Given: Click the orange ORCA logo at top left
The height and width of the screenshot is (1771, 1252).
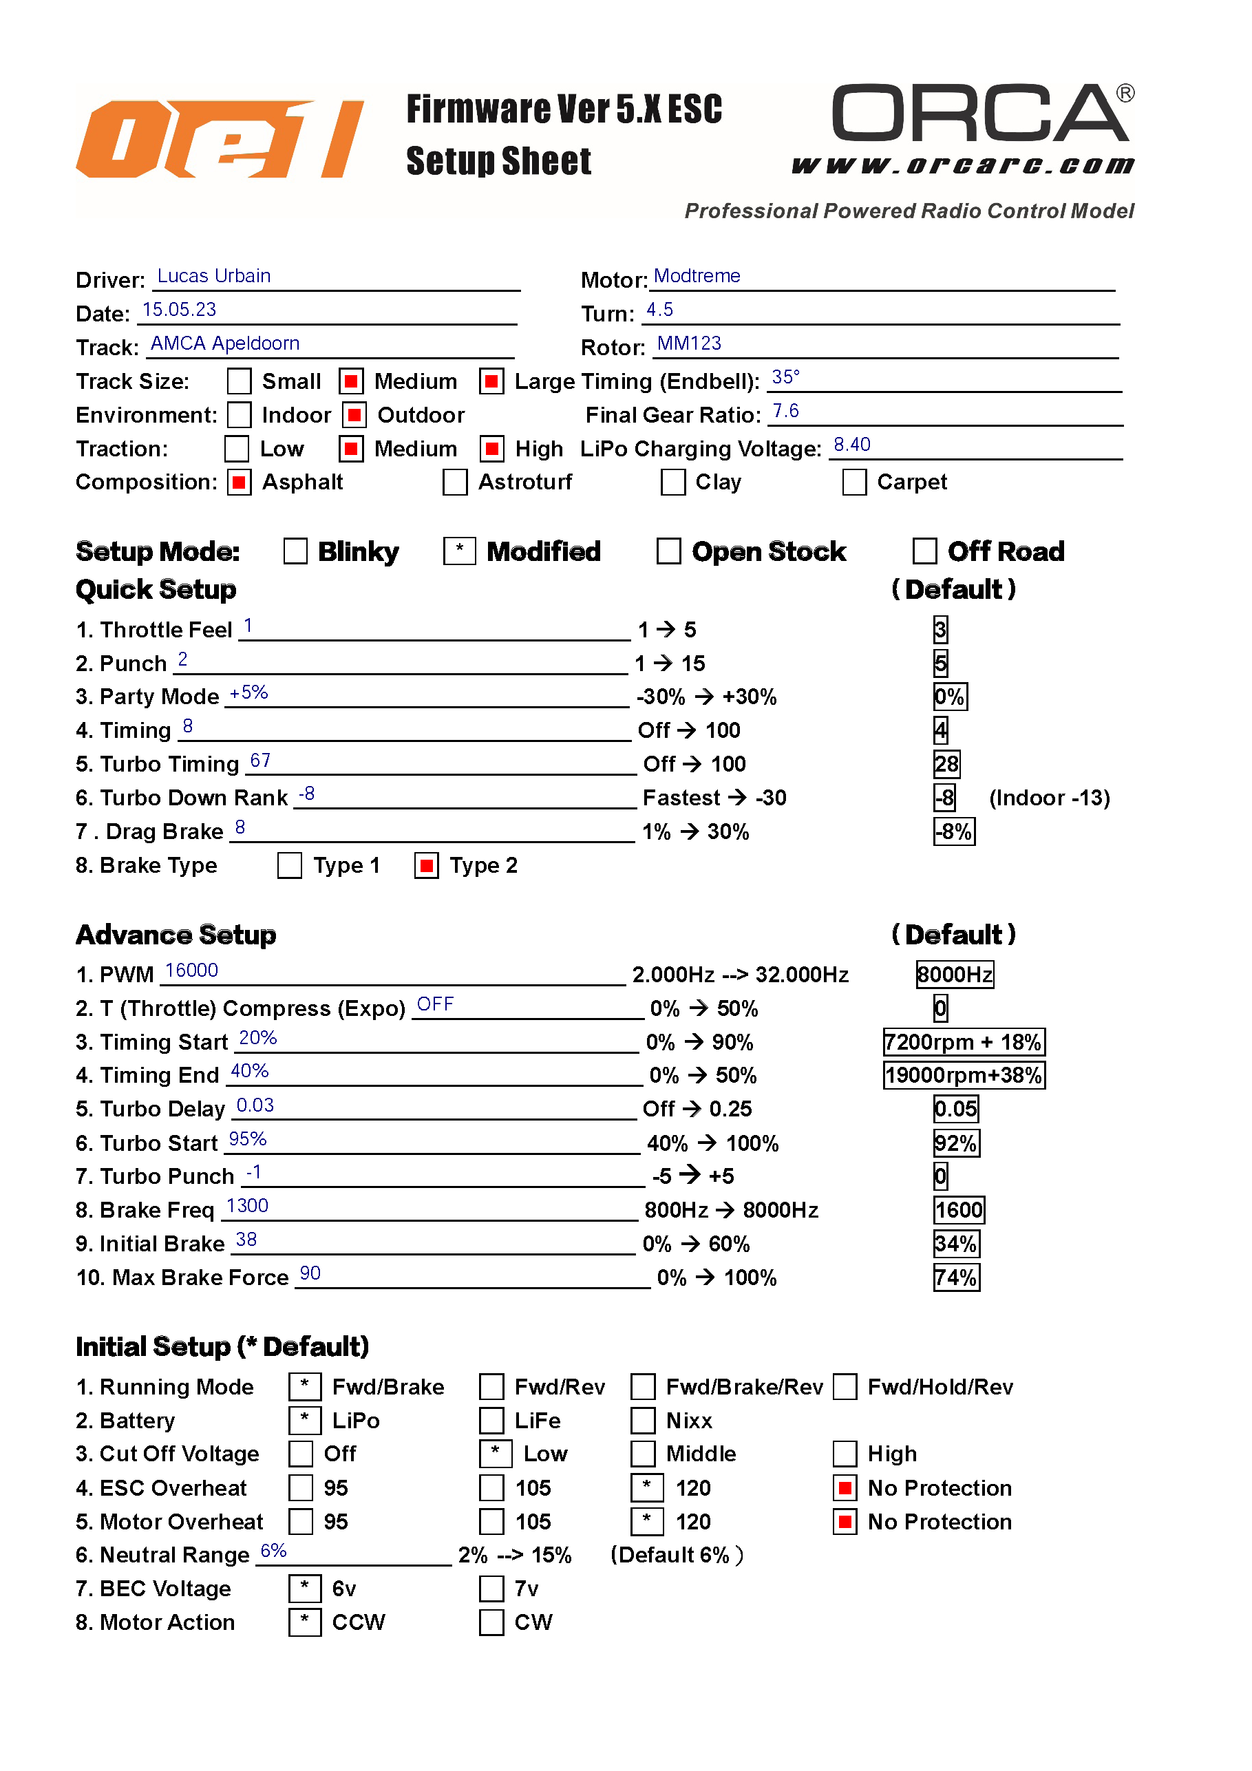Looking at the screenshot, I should pos(219,139).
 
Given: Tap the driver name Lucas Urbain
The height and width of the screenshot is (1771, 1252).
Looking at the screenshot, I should pos(213,276).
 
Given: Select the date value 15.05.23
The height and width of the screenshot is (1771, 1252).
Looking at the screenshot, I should pos(179,310).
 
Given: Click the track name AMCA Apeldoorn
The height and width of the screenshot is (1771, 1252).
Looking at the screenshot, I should pos(224,343).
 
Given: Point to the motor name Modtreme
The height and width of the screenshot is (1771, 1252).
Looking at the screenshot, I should pos(697,276).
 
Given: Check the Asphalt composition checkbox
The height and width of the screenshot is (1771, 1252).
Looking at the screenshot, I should pos(239,483).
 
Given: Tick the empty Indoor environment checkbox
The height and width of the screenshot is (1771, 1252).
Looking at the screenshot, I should pos(239,415).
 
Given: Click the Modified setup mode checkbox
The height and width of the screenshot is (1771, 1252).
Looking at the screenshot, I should pos(459,551).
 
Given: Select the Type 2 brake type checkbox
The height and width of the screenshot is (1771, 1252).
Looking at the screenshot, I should pos(426,865).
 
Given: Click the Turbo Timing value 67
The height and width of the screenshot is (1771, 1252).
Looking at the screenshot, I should pos(260,761).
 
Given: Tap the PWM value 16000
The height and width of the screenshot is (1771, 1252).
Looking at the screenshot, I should pos(191,971).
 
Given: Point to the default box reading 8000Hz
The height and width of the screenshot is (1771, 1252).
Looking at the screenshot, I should pos(954,975).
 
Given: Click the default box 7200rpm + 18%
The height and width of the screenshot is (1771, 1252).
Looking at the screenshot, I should pos(964,1042).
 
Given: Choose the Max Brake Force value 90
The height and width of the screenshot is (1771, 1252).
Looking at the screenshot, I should pos(310,1273).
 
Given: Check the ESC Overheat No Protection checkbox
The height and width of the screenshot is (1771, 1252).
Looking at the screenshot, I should pos(845,1488).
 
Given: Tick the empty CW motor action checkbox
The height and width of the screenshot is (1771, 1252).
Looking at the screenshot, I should pos(491,1622).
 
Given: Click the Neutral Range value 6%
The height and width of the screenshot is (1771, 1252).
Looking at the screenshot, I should pos(273,1551).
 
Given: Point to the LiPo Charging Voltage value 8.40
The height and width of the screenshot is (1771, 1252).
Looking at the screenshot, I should pos(851,445).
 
